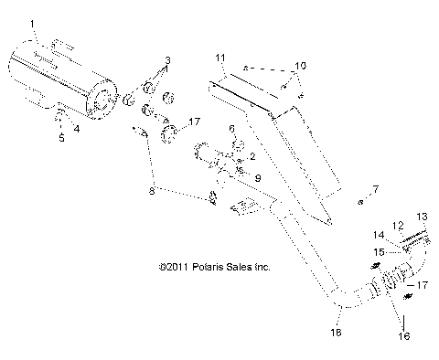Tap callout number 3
(x=166, y=59)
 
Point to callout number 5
(x=61, y=138)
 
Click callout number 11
(x=220, y=58)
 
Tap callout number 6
(x=232, y=129)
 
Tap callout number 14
(x=380, y=235)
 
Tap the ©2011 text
(x=174, y=267)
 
